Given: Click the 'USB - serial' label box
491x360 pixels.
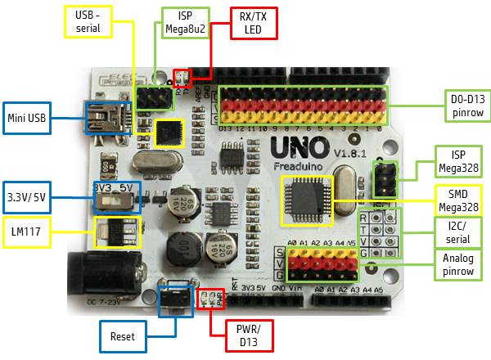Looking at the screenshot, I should pyautogui.click(x=88, y=22).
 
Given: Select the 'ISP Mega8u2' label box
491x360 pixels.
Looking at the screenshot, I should pyautogui.click(x=180, y=22).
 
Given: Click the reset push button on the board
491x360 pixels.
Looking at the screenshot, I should pyautogui.click(x=173, y=299).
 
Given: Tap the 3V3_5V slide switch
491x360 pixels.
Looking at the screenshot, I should pyautogui.click(x=116, y=196).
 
